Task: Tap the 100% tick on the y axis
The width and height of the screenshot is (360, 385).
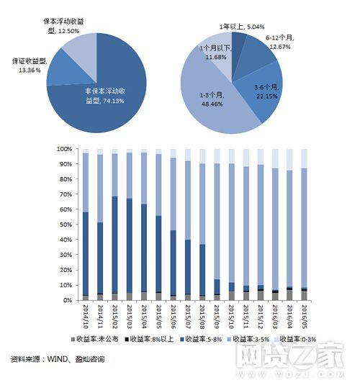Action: click(x=64, y=149)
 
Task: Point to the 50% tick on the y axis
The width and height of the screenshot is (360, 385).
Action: click(x=66, y=225)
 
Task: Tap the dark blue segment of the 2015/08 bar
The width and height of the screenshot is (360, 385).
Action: click(x=203, y=270)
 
